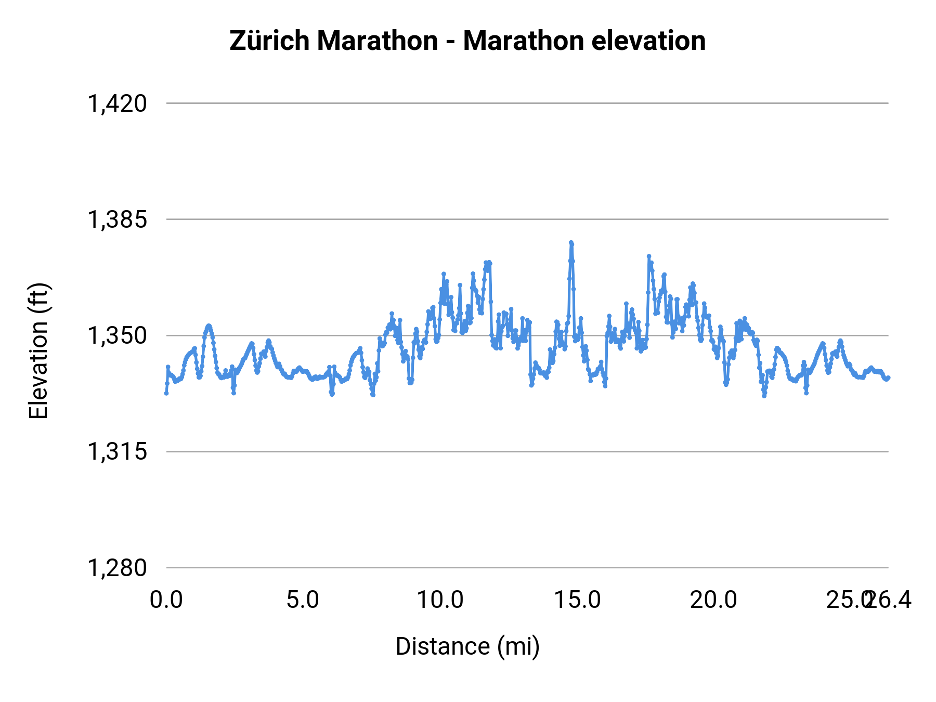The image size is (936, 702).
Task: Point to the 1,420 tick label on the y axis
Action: point(117,103)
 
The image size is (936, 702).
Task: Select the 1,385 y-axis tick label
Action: point(117,219)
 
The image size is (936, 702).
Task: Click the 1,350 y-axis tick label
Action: point(117,336)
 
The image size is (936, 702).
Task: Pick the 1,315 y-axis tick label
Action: point(117,452)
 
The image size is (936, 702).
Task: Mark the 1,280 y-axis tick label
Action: point(117,568)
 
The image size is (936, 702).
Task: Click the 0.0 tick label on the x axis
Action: point(166,600)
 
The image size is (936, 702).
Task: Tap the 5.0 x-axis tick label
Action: point(303,600)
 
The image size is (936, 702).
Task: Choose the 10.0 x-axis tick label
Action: point(440,600)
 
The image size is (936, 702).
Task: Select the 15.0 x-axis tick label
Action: point(577,600)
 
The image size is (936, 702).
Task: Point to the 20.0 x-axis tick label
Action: point(713,600)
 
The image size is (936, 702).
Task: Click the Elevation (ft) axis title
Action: point(38,351)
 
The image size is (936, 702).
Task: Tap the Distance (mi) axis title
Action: point(467,646)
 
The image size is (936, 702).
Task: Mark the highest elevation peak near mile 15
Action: point(571,243)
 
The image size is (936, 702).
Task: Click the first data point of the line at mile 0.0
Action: point(166,393)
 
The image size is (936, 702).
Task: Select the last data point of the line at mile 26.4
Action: point(888,378)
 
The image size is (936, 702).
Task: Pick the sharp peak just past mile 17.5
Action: point(648,256)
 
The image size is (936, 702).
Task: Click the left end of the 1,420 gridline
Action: point(167,103)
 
